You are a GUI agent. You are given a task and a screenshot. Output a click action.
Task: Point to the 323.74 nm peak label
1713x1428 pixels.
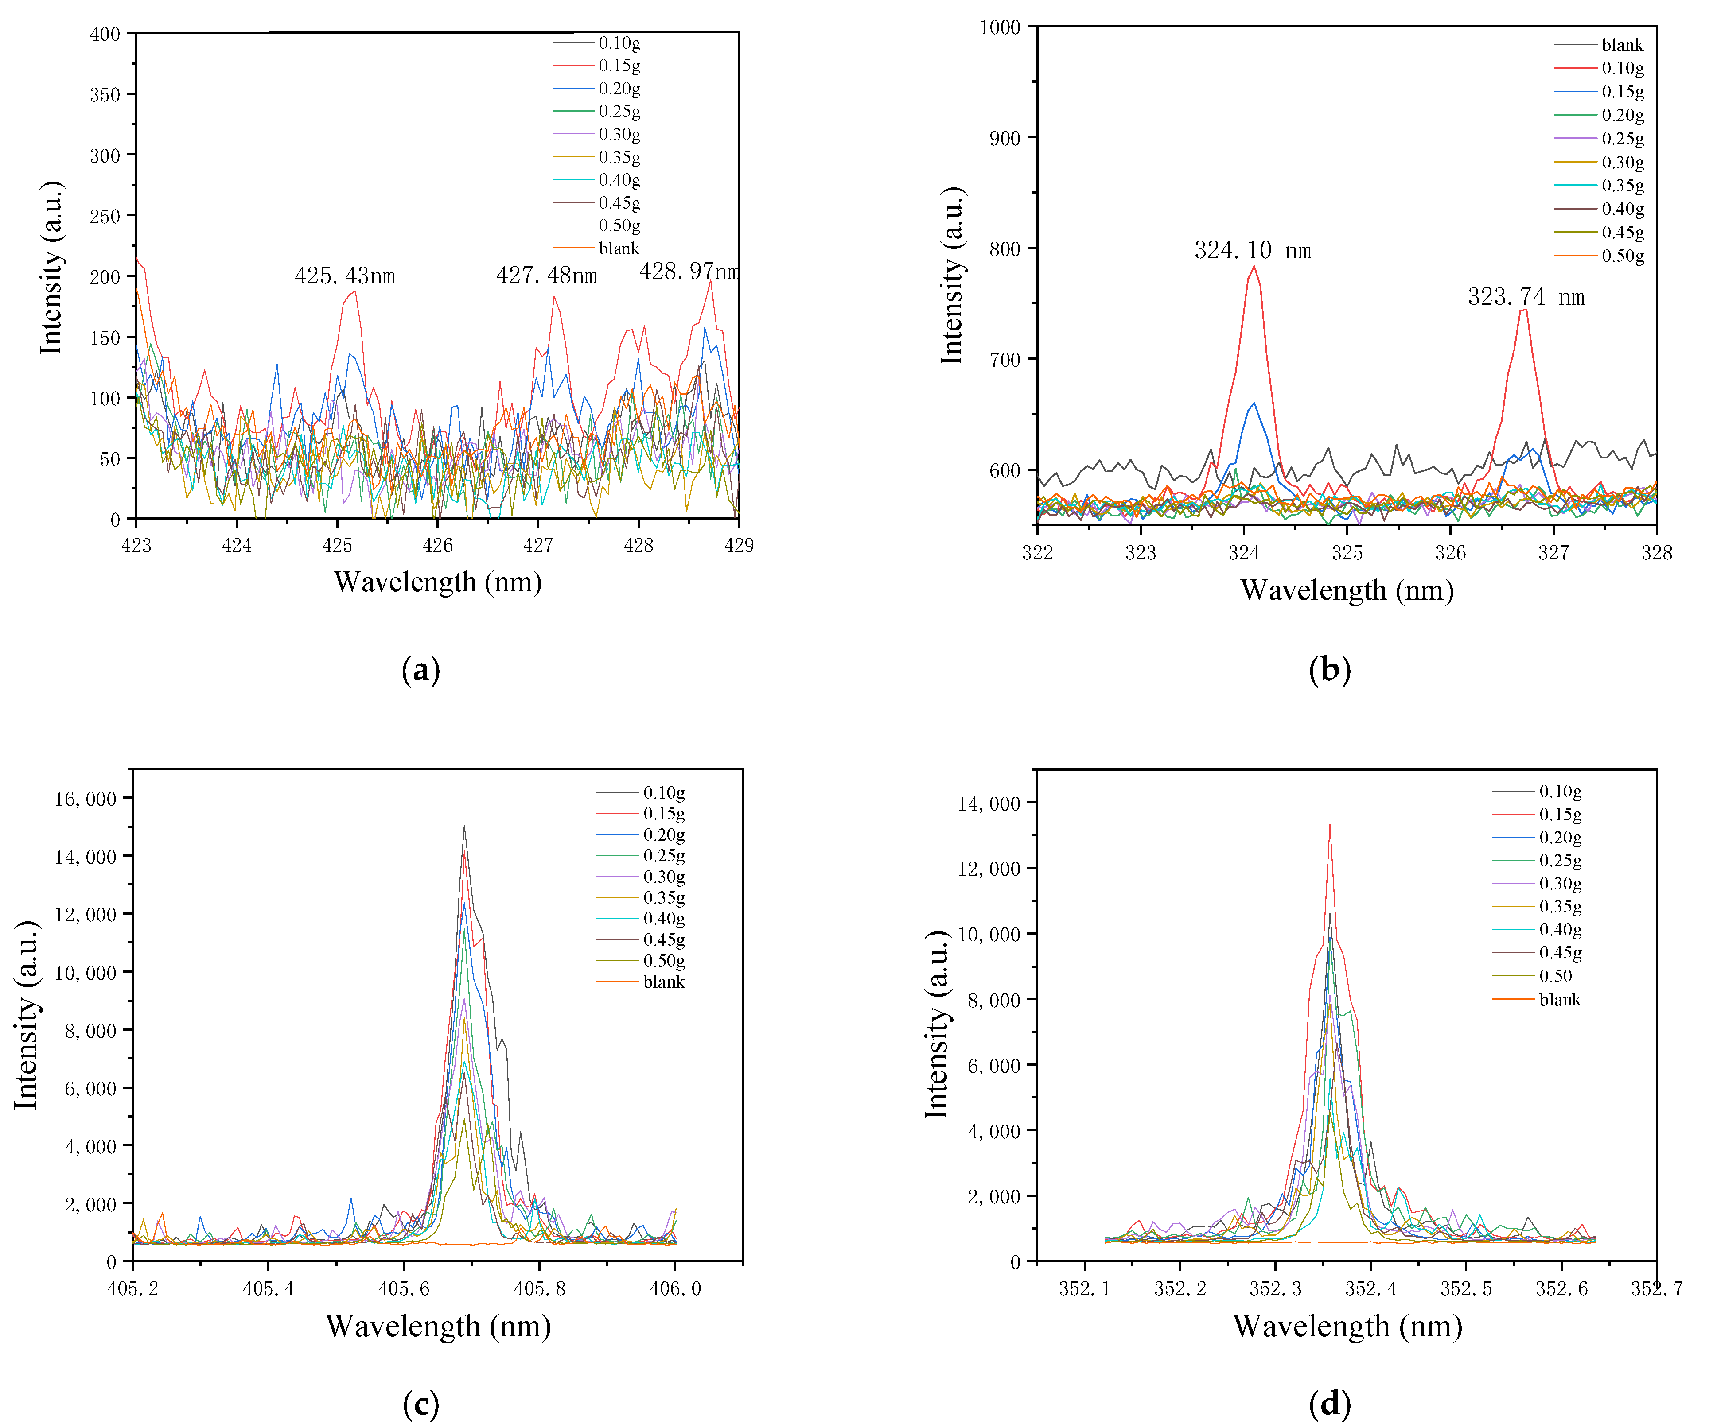[x=1526, y=297]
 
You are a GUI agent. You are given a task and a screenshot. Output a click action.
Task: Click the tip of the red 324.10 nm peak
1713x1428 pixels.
[x=1254, y=267]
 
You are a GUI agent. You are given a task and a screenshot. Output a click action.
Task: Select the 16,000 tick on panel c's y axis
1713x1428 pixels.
[x=86, y=799]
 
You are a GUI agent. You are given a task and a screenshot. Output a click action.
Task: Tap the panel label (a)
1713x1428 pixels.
[x=421, y=670]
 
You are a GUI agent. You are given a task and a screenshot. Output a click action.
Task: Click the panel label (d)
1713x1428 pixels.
[x=1330, y=1404]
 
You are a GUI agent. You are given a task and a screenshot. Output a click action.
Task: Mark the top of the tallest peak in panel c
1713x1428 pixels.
[x=464, y=826]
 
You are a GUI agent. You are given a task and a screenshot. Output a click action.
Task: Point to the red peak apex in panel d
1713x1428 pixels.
[x=1330, y=824]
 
